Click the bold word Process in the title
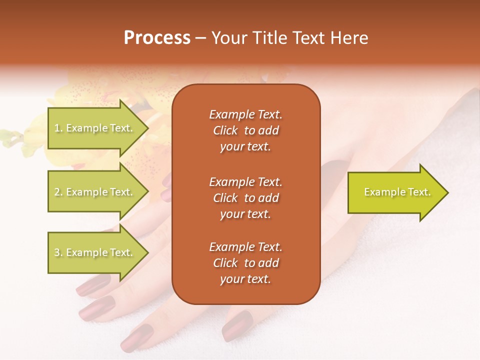click(x=157, y=38)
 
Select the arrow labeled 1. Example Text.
click(x=95, y=128)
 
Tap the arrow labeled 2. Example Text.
click(x=95, y=192)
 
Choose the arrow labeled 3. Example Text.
click(x=95, y=252)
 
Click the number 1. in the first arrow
click(x=58, y=128)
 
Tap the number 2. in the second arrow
click(x=58, y=192)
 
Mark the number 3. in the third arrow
click(x=58, y=252)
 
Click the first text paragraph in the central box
click(x=245, y=130)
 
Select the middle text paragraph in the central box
click(x=245, y=198)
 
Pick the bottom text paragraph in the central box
click(x=245, y=263)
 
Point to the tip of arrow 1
click(x=147, y=128)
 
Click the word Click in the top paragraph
click(x=225, y=130)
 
